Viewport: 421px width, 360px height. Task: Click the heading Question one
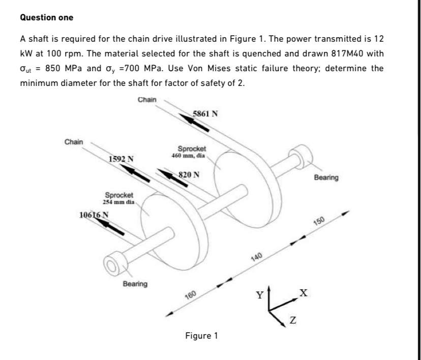pyautogui.click(x=46, y=18)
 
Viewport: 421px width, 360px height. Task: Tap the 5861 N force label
pyautogui.click(x=206, y=114)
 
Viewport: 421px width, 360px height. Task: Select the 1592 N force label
pyautogui.click(x=121, y=159)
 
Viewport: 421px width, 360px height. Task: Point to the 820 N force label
pyautogui.click(x=189, y=174)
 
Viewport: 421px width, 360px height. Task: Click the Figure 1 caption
pyautogui.click(x=201, y=336)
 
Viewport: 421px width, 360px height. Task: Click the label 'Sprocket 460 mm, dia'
pyautogui.click(x=191, y=152)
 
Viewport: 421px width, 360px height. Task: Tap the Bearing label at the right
pyautogui.click(x=326, y=177)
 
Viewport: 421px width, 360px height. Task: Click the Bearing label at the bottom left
pyautogui.click(x=135, y=283)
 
